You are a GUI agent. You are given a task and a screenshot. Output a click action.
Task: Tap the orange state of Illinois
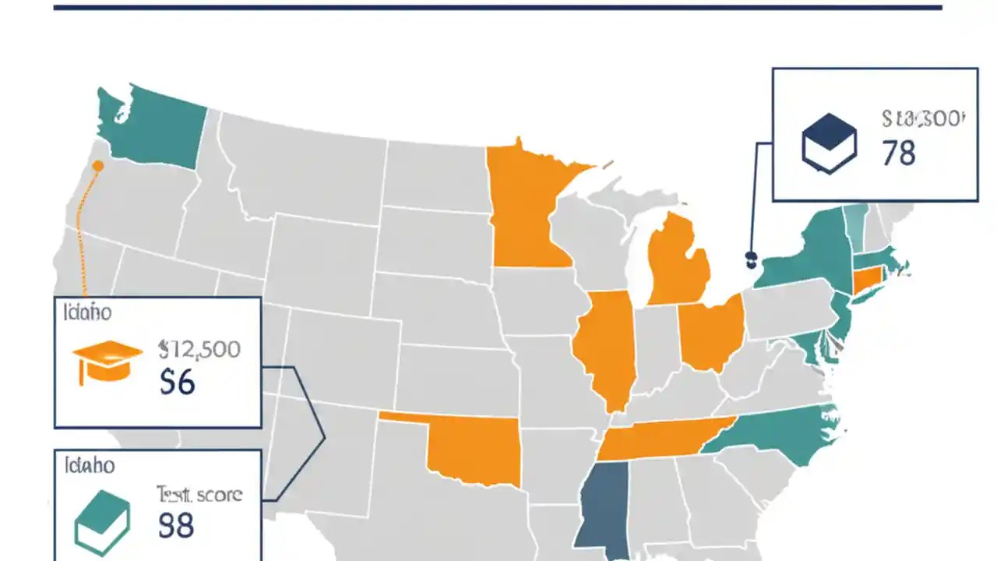coord(604,347)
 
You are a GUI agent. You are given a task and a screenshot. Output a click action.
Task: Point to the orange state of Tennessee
coord(662,439)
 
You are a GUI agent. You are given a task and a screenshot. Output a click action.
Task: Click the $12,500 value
coord(199,348)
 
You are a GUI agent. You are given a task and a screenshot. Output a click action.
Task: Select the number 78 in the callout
coord(899,153)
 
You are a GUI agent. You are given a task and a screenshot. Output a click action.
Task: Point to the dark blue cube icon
coord(829,142)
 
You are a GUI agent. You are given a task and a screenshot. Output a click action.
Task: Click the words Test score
coord(199,493)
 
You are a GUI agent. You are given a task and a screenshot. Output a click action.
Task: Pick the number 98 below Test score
coord(176,526)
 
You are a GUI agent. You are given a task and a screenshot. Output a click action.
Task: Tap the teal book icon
coord(102,521)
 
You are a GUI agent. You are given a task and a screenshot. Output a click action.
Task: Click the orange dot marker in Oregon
coord(97,165)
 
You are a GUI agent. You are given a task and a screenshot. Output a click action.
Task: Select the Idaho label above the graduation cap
coord(87,312)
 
